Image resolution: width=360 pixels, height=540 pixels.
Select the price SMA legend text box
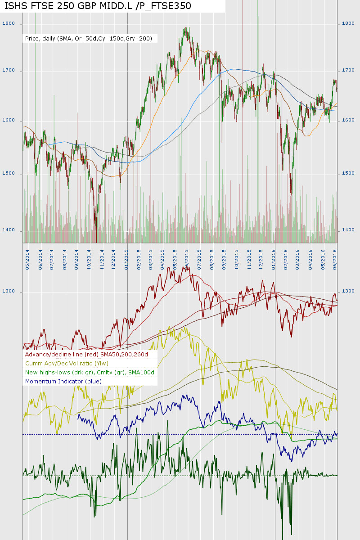[89, 39]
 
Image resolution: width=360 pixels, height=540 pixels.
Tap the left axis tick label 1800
[9, 23]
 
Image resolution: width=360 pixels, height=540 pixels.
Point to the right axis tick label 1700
[349, 71]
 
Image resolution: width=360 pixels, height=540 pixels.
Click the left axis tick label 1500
[9, 174]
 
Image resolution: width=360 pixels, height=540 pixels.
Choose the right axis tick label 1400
[349, 230]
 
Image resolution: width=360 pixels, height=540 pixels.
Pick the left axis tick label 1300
[9, 292]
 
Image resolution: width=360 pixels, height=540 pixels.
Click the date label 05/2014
[28, 260]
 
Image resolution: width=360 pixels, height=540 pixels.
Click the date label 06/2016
[334, 260]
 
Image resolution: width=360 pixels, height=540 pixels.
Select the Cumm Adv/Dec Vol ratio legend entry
[67, 364]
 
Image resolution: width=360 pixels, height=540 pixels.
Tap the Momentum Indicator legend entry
[63, 381]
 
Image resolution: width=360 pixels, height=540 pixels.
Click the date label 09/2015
[224, 260]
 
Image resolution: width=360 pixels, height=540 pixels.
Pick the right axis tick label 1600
[349, 121]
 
